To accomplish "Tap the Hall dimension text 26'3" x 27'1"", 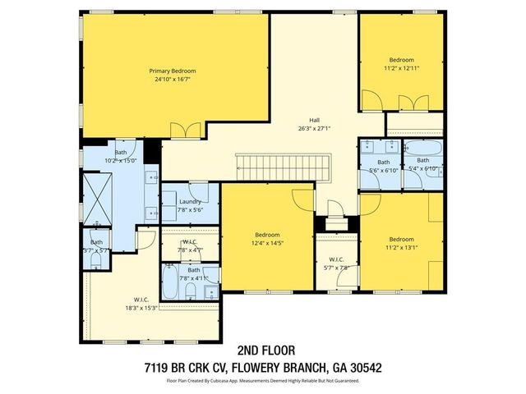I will coord(314,128).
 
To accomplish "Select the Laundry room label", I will coord(190,201).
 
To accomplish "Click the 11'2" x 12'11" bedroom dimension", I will coord(401,69).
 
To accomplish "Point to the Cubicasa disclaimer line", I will coord(262,380).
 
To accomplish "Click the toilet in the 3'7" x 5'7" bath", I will coord(95,261).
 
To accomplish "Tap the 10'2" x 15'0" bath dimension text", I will coord(120,161).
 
